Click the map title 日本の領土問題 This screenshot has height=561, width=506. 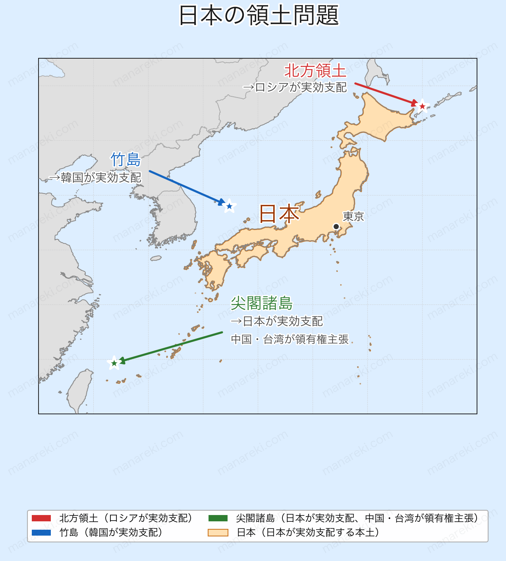coord(259,16)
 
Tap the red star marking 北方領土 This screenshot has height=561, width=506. coord(422,106)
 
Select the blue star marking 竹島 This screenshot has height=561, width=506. coord(229,206)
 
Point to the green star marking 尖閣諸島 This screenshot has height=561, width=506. coord(114,363)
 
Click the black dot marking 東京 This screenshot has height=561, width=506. coord(336,226)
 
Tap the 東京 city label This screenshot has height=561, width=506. coord(353,216)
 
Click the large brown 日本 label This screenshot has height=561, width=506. coord(279,214)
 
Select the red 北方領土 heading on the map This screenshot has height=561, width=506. coord(315,71)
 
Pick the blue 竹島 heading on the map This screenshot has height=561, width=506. coord(126,159)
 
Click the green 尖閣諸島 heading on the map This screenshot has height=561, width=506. coord(261,303)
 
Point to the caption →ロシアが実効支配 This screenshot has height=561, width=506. coord(295,87)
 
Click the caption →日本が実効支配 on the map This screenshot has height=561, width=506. coord(276,321)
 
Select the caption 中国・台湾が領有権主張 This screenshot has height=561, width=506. coord(290,339)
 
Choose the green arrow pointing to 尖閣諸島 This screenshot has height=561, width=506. coord(171,347)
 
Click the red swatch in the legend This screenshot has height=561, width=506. coord(41,518)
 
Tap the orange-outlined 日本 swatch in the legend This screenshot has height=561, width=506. coord(218,532)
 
